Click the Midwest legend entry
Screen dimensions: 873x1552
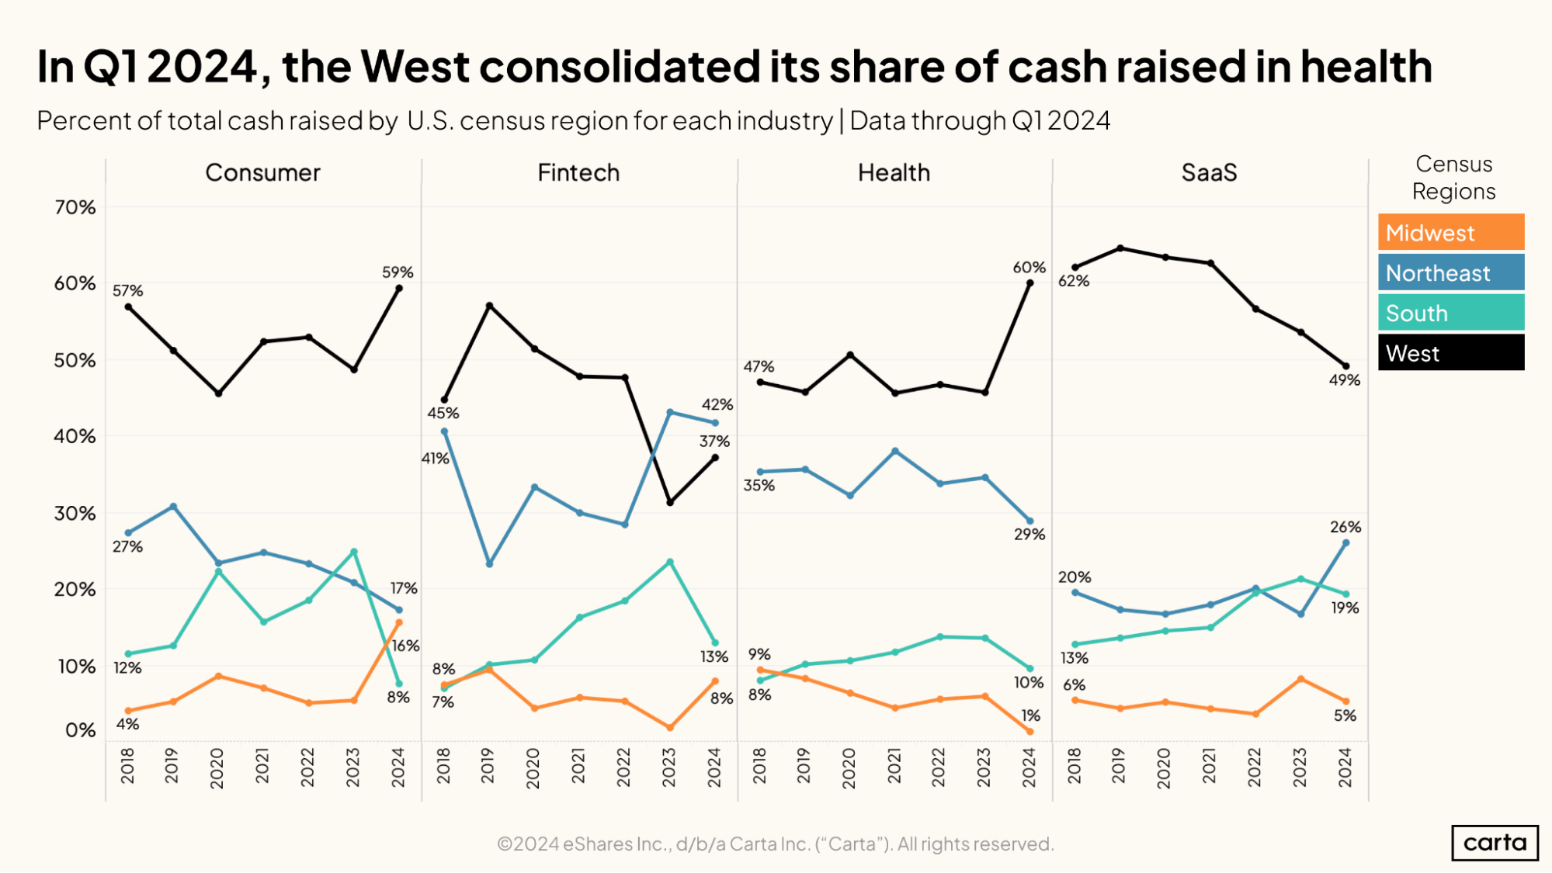pos(1450,232)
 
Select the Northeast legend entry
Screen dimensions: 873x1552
pos(1450,272)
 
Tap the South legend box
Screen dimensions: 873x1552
pos(1450,313)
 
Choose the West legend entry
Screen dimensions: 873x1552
pos(1450,353)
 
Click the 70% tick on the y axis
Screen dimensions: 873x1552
pos(75,207)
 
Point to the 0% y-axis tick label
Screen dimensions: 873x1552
pos(80,730)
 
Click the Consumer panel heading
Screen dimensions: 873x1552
pos(262,172)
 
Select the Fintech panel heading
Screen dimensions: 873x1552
pos(578,172)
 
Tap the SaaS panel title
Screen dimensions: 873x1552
pos(1209,172)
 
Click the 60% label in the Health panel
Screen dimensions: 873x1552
pos(1029,268)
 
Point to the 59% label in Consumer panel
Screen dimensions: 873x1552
pos(398,272)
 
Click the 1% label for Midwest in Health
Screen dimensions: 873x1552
pos(1030,715)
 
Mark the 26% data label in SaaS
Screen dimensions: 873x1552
pos(1345,527)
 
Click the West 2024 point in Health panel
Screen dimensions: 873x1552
pos(1030,283)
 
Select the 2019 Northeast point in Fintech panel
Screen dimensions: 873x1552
pos(489,563)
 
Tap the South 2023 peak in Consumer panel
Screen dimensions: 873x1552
pos(354,552)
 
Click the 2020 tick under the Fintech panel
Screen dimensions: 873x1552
pos(533,767)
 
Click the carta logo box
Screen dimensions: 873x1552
pos(1494,843)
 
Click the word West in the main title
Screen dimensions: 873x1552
pos(415,67)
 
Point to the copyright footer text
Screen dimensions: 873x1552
pos(775,844)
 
